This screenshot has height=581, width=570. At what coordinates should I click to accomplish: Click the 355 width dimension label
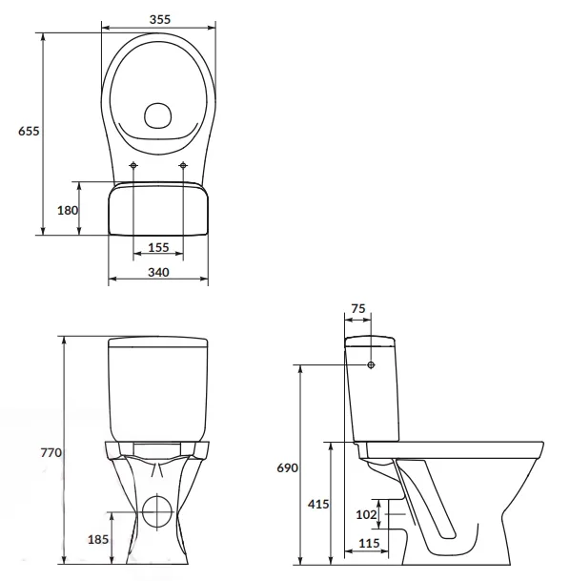pos(160,19)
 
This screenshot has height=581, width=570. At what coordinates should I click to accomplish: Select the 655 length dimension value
pos(29,131)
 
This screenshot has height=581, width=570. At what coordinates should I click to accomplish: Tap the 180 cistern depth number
pos(68,211)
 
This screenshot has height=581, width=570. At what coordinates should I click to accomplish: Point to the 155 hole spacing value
pos(158,247)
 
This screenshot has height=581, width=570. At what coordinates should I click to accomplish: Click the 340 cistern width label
pos(158,272)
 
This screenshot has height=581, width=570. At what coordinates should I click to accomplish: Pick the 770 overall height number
pos(51,452)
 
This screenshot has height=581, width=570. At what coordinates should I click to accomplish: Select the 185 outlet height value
pos(98,539)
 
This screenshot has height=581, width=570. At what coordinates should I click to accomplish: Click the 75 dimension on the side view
pos(357,308)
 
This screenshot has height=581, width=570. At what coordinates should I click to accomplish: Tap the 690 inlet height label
pos(287,468)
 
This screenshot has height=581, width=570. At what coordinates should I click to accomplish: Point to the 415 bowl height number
pos(318,504)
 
